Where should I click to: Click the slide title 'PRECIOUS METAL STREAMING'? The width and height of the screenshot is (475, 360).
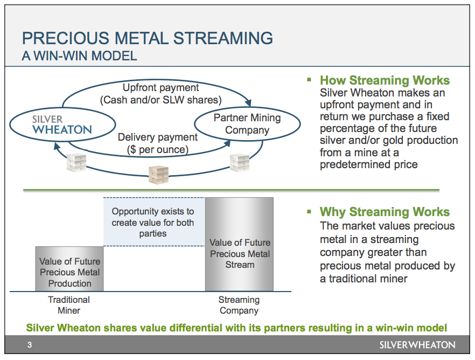pyautogui.click(x=147, y=38)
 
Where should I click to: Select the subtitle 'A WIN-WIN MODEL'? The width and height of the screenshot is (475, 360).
pyautogui.click(x=79, y=56)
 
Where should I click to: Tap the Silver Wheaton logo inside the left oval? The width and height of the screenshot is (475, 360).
pyautogui.click(x=61, y=124)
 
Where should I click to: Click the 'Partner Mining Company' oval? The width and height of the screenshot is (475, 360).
pyautogui.click(x=247, y=124)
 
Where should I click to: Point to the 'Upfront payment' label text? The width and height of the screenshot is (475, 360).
pyautogui.click(x=160, y=87)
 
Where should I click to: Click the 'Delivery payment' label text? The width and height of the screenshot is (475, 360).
pyautogui.click(x=157, y=137)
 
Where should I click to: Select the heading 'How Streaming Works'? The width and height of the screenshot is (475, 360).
pyautogui.click(x=385, y=81)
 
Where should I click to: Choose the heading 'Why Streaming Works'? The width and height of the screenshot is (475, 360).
pyautogui.click(x=385, y=212)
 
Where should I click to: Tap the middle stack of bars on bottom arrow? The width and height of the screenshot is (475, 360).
pyautogui.click(x=159, y=173)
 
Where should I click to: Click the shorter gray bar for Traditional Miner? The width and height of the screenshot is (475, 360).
pyautogui.click(x=69, y=269)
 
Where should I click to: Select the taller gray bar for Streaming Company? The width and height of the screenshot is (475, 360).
pyautogui.click(x=239, y=245)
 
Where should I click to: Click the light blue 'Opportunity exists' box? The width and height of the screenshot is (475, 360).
pyautogui.click(x=153, y=223)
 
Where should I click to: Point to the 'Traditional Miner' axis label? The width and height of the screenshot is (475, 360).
pyautogui.click(x=69, y=305)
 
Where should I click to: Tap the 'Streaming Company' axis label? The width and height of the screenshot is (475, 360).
pyautogui.click(x=239, y=305)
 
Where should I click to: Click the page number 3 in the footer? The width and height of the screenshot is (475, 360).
pyautogui.click(x=30, y=345)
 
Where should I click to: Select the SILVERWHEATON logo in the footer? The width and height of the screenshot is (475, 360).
pyautogui.click(x=417, y=345)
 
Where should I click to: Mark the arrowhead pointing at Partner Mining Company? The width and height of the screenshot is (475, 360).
pyautogui.click(x=248, y=103)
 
